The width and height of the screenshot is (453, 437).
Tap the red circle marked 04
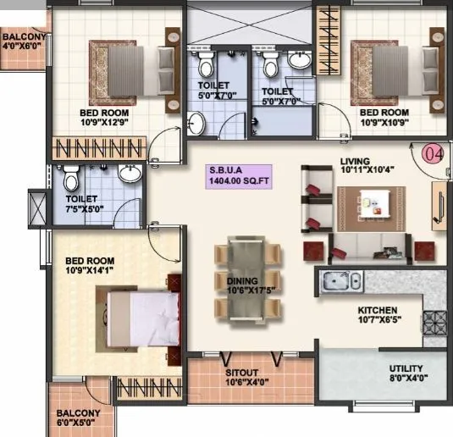click(433, 154)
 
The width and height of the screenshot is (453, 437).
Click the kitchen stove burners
click(438, 323)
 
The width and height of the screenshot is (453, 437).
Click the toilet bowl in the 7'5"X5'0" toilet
click(73, 179)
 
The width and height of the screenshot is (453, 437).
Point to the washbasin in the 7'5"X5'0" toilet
click(130, 174)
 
